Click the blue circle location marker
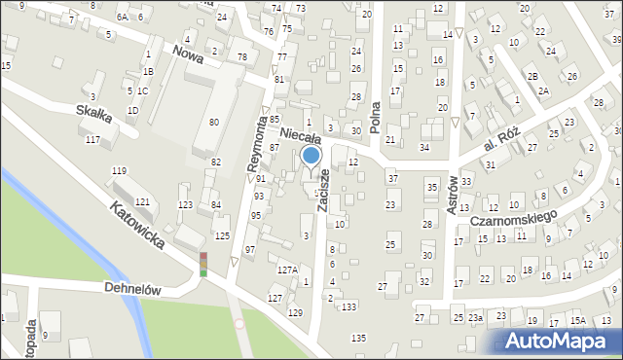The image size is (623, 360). click(311, 156)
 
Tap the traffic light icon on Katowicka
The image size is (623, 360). click(203, 264)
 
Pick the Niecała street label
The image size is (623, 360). click(301, 136)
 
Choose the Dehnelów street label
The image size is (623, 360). click(132, 289)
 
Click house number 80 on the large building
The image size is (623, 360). click(214, 121)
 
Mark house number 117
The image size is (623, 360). click(92, 140)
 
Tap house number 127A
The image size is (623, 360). click(287, 270)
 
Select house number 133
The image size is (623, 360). click(349, 306)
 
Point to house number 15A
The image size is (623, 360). click(577, 320)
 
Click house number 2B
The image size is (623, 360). click(532, 76)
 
